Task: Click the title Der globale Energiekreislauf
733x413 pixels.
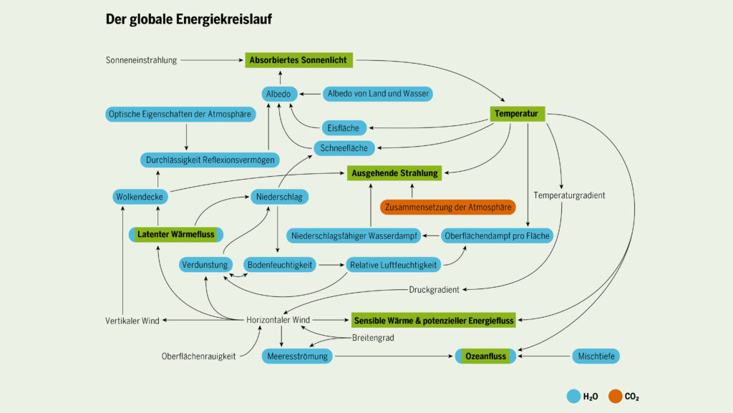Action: (x=188, y=19)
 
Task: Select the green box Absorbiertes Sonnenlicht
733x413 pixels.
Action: (x=298, y=60)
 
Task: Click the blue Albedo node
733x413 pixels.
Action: (x=279, y=94)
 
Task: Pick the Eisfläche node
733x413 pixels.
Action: (x=344, y=128)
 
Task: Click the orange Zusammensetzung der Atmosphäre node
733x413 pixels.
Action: (x=448, y=208)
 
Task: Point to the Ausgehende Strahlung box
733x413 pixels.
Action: (x=394, y=173)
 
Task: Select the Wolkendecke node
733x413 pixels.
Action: (x=140, y=196)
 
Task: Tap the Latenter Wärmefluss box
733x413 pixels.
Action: (x=176, y=234)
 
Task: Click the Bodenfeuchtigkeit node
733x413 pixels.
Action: (x=280, y=265)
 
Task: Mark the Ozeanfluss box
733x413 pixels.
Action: (x=485, y=356)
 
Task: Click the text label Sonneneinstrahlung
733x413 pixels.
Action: (x=141, y=60)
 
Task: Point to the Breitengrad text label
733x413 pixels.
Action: (x=373, y=338)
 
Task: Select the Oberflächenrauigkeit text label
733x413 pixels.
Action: (x=198, y=356)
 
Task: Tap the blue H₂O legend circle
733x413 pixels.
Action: (x=573, y=395)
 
